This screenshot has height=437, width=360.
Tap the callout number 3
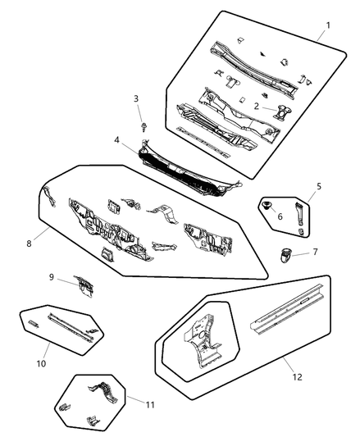click(x=136, y=99)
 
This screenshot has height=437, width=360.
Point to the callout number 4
click(x=118, y=140)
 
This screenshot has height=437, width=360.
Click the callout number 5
click(x=318, y=186)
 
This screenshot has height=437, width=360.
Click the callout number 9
click(x=51, y=278)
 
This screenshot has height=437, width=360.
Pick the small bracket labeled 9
click(x=83, y=284)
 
